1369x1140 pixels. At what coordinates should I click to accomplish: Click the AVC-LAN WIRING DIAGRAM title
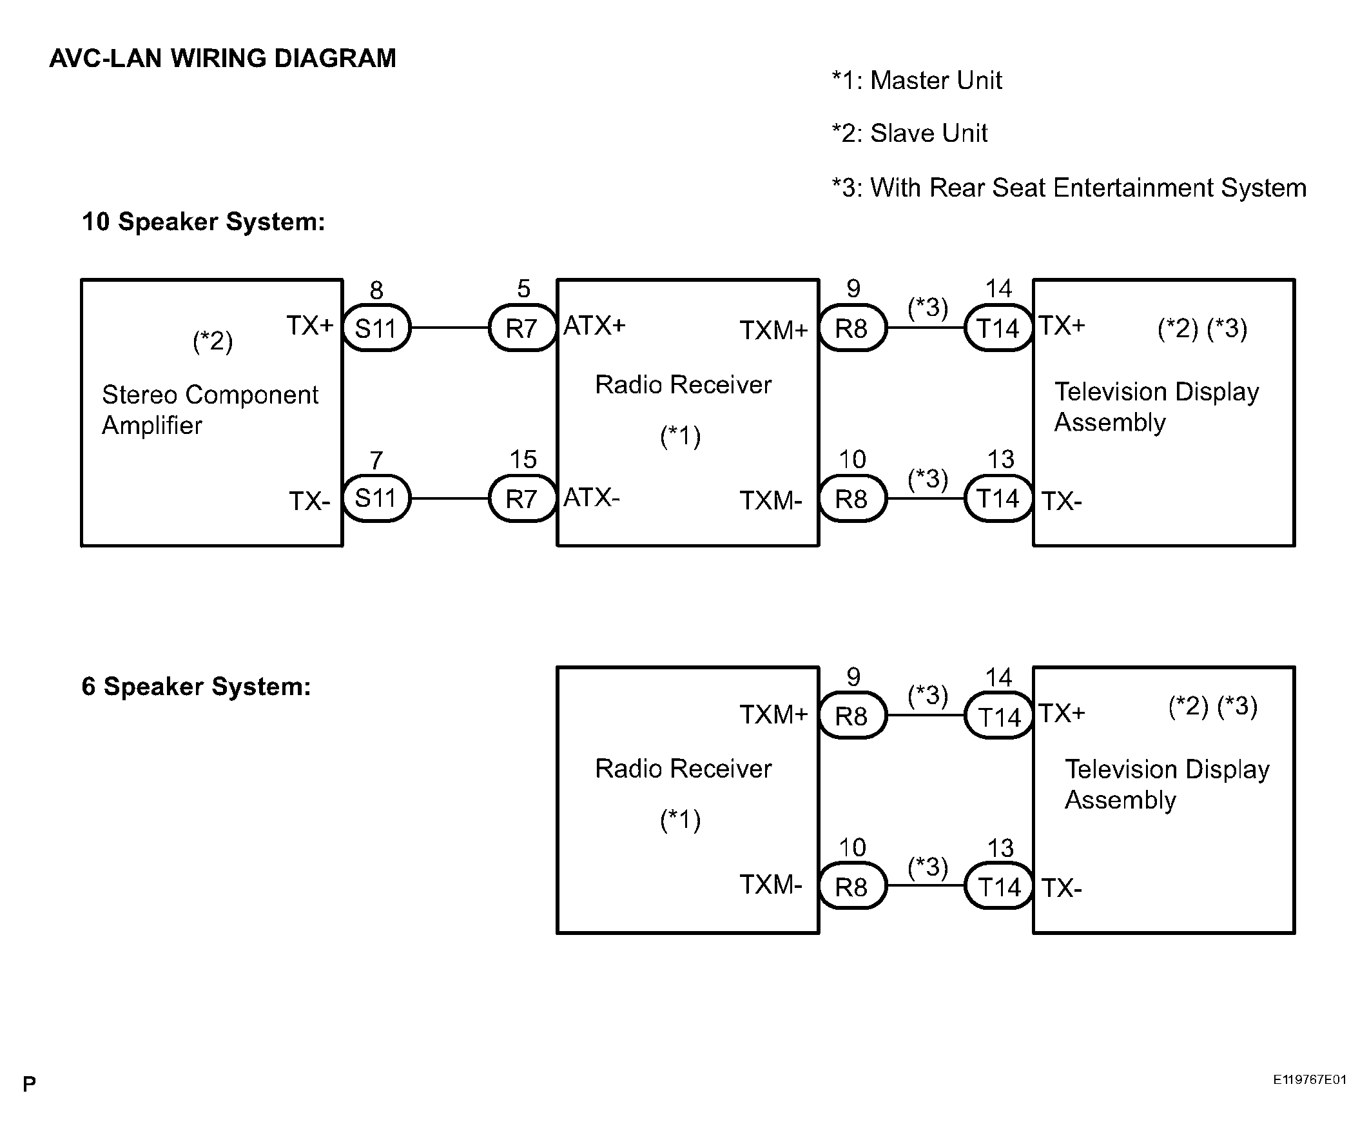[222, 59]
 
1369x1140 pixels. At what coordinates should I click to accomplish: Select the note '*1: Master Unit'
[917, 81]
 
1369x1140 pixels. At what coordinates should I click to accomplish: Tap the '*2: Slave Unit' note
[909, 133]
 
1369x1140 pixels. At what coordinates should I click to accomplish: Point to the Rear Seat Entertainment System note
[1069, 188]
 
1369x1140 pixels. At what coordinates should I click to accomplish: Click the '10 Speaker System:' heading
[204, 222]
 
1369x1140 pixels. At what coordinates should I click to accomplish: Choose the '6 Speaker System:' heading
[196, 687]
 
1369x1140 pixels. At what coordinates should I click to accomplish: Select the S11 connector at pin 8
[377, 328]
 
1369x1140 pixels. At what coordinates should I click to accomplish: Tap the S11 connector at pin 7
[377, 499]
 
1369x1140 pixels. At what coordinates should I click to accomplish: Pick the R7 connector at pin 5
[522, 328]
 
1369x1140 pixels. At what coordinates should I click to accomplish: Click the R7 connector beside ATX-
[522, 499]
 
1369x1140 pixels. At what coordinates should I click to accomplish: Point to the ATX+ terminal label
[594, 326]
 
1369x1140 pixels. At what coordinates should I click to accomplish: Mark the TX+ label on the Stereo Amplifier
[310, 326]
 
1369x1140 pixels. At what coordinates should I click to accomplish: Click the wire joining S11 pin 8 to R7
[450, 328]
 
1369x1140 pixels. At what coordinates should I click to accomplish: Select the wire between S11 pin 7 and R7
[450, 498]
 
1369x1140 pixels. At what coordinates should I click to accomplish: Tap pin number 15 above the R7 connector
[523, 460]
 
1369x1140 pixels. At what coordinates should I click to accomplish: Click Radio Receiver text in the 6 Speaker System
[683, 769]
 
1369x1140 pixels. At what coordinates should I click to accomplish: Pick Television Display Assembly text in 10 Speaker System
[1156, 407]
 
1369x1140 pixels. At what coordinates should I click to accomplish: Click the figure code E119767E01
[1310, 1079]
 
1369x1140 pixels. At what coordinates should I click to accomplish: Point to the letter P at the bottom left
[30, 1084]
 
